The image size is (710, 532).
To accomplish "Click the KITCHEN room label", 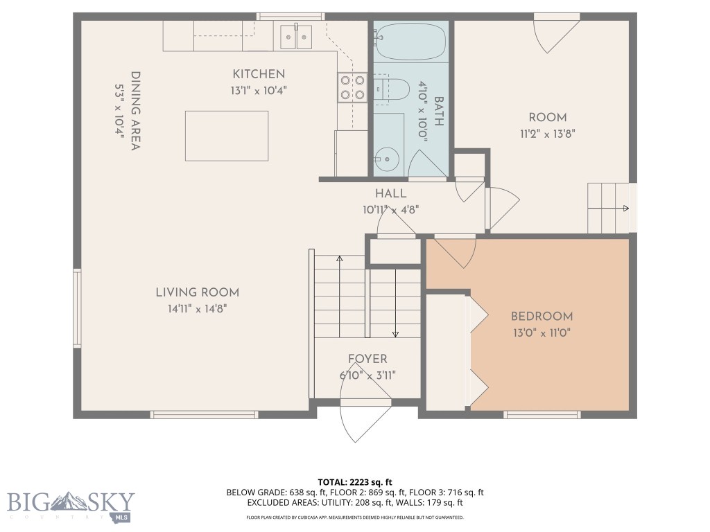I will (x=258, y=74).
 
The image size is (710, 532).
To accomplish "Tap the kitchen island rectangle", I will (x=227, y=135).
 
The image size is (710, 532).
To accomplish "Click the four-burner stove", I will (x=352, y=87).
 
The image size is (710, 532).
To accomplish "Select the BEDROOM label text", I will (x=542, y=317).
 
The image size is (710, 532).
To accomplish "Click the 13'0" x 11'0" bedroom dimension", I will (x=542, y=332).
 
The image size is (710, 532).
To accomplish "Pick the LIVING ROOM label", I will (x=197, y=293).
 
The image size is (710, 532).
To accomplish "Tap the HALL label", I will (x=390, y=194).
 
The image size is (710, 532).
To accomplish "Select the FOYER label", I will (x=367, y=359).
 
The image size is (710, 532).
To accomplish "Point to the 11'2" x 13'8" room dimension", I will (x=547, y=134).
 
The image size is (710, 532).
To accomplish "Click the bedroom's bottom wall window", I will (x=542, y=415).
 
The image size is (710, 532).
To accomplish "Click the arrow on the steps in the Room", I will (x=625, y=208).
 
